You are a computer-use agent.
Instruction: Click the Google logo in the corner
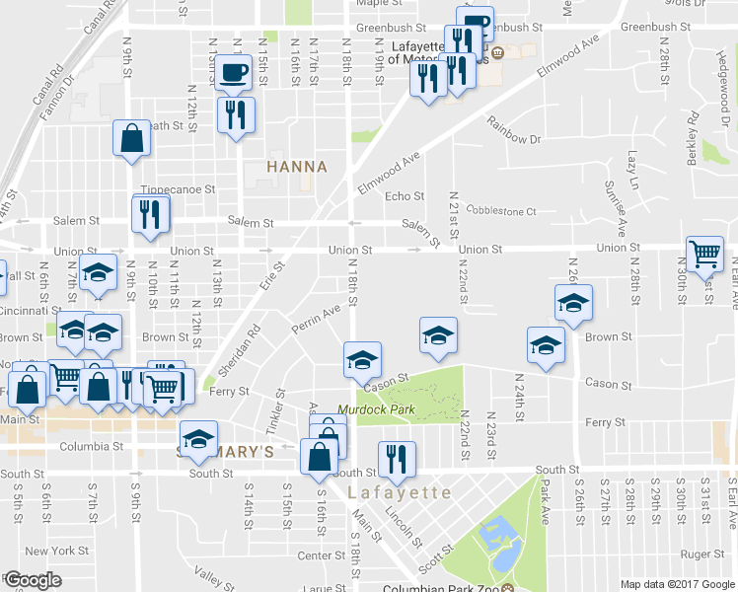point(33,581)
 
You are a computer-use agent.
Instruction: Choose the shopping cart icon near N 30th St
point(705,256)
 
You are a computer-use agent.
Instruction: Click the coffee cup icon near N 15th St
point(234,72)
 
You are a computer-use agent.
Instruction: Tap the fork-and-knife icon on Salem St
point(150,215)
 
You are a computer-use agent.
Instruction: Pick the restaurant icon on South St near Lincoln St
point(398,459)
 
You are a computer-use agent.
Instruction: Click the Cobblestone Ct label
point(500,211)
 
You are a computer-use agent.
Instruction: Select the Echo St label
point(405,196)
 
